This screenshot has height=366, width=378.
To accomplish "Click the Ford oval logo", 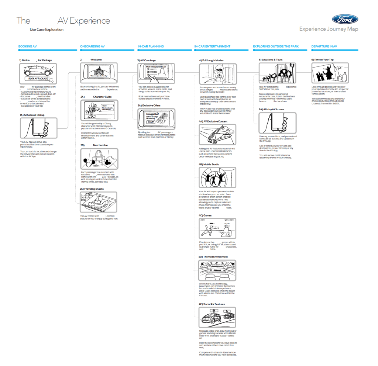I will (344, 19).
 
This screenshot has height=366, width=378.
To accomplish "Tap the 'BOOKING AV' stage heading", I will (28, 46).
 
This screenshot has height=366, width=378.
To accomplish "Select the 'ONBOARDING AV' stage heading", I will (92, 46).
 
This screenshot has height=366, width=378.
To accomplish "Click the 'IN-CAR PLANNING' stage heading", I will (151, 46).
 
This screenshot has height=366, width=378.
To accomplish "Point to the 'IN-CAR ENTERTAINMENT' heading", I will (212, 46).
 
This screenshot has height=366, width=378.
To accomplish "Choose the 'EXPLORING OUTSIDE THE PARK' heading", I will (276, 46).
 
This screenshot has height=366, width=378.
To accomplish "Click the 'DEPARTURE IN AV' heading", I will (324, 46).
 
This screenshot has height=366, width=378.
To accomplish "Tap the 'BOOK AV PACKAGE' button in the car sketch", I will (38, 79).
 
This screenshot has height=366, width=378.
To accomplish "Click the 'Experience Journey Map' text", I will (329, 29).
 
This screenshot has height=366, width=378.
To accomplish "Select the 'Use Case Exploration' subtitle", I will (47, 30).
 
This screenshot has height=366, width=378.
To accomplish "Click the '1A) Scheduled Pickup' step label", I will (32, 115).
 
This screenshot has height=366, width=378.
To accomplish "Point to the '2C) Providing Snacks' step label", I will (92, 189).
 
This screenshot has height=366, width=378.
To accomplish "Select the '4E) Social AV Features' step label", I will (212, 304).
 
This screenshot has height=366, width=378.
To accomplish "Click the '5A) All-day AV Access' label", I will (271, 110).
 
